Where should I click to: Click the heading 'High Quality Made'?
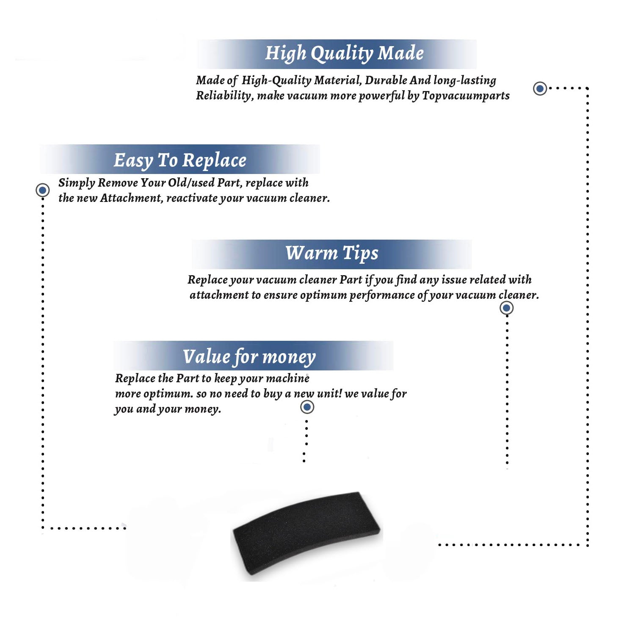tap(344, 54)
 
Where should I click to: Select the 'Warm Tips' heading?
tap(331, 254)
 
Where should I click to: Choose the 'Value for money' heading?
tap(249, 357)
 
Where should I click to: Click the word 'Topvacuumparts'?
tap(466, 96)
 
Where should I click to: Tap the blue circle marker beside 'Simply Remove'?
tap(42, 190)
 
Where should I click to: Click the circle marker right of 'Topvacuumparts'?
tap(540, 88)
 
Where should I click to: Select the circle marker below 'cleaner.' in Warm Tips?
tap(507, 308)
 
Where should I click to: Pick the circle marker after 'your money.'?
tap(307, 407)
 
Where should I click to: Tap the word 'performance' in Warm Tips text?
tap(382, 295)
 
